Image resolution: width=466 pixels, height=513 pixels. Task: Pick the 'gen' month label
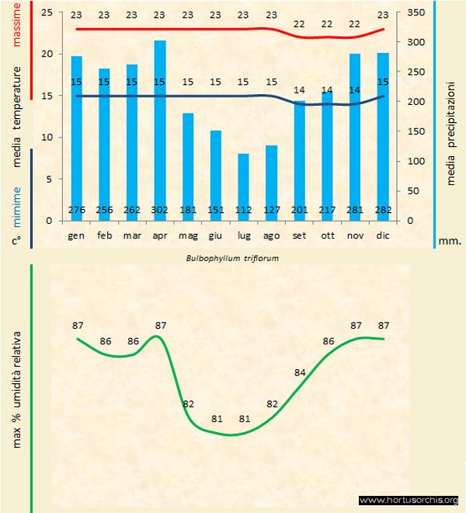pyautogui.click(x=76, y=235)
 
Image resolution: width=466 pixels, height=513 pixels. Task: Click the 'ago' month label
pyautogui.click(x=271, y=235)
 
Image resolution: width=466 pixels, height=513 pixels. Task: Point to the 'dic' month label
pyautogui.click(x=383, y=235)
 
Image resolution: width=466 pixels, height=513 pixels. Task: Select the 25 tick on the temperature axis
pyautogui.click(x=46, y=13)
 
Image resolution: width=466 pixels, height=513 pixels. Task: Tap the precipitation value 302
pyautogui.click(x=160, y=210)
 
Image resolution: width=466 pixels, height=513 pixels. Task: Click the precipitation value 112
pyautogui.click(x=243, y=210)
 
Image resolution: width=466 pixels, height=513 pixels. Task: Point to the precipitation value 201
pyautogui.click(x=299, y=210)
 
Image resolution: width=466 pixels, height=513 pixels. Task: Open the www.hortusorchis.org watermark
pyautogui.click(x=409, y=500)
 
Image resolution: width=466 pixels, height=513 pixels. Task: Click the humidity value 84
pyautogui.click(x=300, y=373)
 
